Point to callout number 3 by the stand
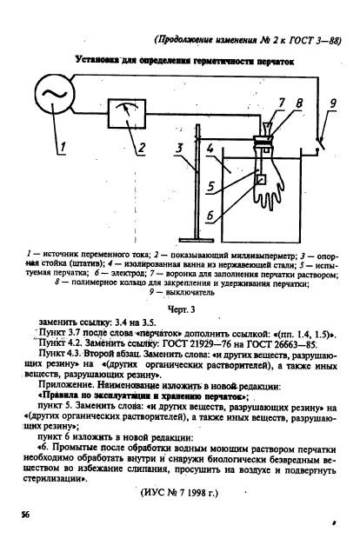tap(179, 149)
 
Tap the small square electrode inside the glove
tap(260, 179)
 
